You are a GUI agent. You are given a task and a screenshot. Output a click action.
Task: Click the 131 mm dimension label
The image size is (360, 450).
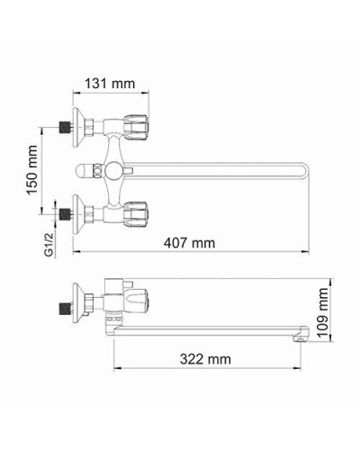[x=111, y=84]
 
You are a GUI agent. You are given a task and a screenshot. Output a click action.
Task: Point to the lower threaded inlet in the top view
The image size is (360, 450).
[x=64, y=214]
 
